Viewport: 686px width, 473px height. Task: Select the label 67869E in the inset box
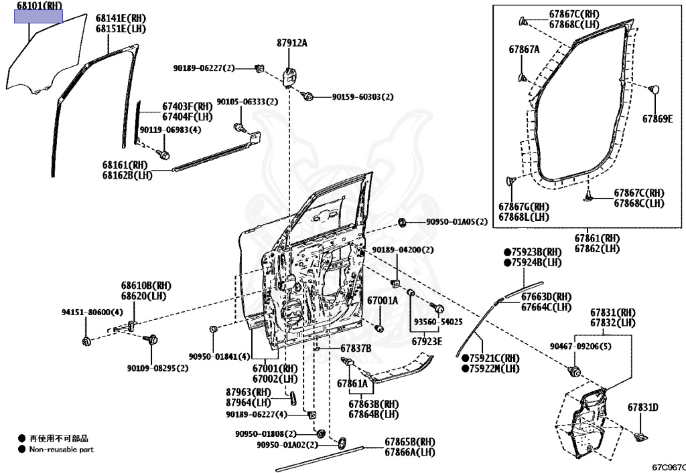tap(657, 119)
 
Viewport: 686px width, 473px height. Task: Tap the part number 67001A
tap(382, 301)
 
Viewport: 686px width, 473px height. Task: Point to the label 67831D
tap(642, 407)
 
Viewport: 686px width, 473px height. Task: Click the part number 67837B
tap(355, 348)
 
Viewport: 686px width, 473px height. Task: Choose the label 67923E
tap(427, 341)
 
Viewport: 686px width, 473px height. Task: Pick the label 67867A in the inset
tap(524, 49)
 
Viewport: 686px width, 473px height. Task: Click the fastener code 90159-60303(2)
tap(362, 97)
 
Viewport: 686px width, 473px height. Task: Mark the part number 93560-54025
tap(437, 322)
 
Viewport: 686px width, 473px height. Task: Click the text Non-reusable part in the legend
tap(62, 450)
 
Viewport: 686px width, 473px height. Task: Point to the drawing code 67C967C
tap(669, 467)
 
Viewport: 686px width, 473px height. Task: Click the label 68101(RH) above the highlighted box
tap(38, 6)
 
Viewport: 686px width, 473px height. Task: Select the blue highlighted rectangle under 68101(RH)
tap(39, 17)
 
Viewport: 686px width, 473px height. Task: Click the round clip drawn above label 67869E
tap(656, 89)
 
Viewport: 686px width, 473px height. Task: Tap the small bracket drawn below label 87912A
tap(291, 76)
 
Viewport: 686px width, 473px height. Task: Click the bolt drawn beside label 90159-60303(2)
tap(309, 96)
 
